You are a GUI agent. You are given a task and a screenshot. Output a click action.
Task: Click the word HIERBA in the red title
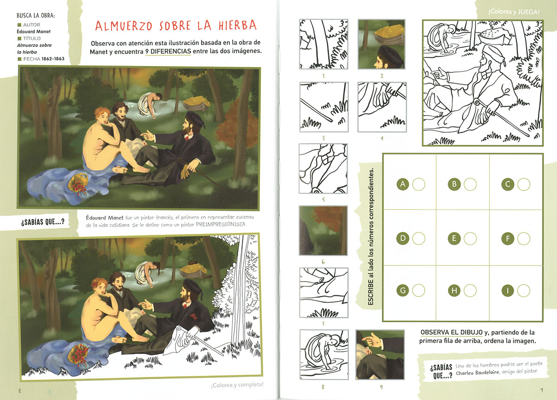238,25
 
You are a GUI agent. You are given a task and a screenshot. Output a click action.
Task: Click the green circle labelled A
403,184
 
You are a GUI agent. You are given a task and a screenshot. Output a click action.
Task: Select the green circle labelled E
454,239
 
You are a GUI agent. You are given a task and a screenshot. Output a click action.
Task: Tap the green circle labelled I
507,290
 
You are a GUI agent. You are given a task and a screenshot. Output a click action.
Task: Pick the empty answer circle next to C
524,185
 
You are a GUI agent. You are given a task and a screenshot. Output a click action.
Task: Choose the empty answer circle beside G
419,290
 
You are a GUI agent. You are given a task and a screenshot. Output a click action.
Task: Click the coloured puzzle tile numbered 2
382,44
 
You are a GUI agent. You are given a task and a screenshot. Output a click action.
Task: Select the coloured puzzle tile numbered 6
323,231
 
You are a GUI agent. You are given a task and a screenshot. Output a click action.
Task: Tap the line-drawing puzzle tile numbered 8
324,355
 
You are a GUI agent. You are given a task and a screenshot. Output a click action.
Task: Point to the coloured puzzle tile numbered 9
380,355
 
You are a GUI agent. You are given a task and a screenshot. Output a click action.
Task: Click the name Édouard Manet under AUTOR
33,32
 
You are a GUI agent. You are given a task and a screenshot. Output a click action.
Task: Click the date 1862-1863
53,58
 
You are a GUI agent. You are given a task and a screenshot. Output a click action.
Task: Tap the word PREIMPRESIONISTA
221,225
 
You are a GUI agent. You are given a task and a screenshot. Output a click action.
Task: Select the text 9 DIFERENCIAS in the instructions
168,52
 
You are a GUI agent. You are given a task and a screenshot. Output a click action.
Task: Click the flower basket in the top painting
78,184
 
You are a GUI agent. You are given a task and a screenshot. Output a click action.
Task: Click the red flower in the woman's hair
95,284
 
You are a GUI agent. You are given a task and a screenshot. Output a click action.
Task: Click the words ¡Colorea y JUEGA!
514,12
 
